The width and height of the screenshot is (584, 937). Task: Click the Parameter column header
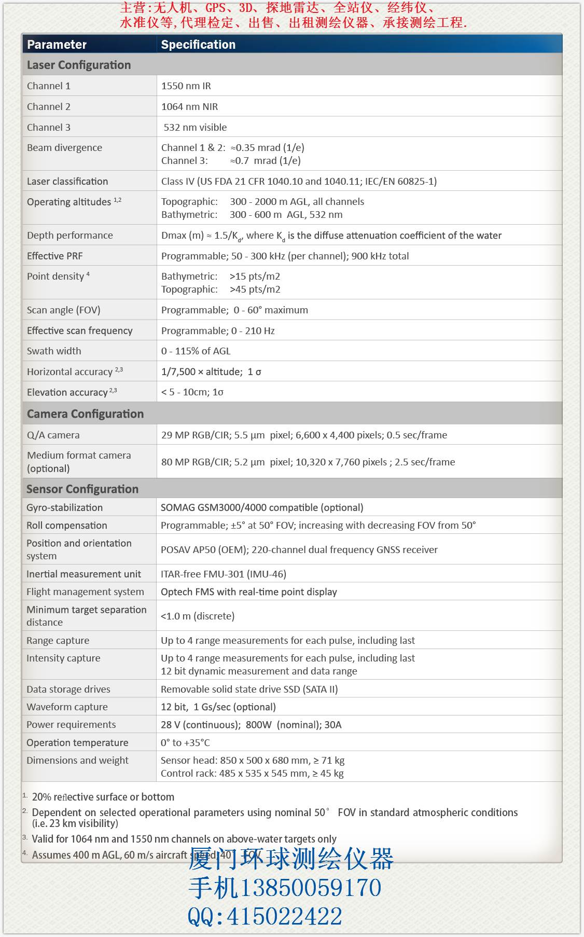[x=57, y=45]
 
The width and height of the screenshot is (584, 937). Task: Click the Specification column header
[x=198, y=45]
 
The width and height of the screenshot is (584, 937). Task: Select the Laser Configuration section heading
[x=79, y=65]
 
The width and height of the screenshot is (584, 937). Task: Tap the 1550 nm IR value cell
[x=186, y=86]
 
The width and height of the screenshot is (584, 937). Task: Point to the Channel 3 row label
[x=49, y=128]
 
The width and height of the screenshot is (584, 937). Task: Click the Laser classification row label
[x=67, y=182]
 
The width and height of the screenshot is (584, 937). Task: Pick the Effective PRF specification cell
[x=285, y=256]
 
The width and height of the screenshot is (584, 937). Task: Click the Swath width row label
[x=54, y=351]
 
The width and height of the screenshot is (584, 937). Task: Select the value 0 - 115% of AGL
[x=196, y=351]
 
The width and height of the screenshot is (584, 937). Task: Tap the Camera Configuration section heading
[x=85, y=414]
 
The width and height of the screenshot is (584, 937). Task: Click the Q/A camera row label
[x=53, y=435]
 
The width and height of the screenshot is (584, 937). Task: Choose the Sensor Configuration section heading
[x=82, y=489]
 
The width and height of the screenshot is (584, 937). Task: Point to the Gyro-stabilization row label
[x=65, y=508]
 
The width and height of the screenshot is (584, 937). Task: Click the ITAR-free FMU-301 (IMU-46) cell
[x=223, y=574]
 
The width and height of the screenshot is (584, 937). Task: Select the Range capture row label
[x=58, y=641]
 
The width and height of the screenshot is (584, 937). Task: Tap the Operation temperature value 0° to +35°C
[x=185, y=743]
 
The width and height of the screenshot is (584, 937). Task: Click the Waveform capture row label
[x=67, y=707]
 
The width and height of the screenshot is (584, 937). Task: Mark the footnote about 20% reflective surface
[x=103, y=797]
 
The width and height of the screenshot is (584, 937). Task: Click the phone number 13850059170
[x=310, y=888]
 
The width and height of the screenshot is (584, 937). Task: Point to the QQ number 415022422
[x=284, y=916]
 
